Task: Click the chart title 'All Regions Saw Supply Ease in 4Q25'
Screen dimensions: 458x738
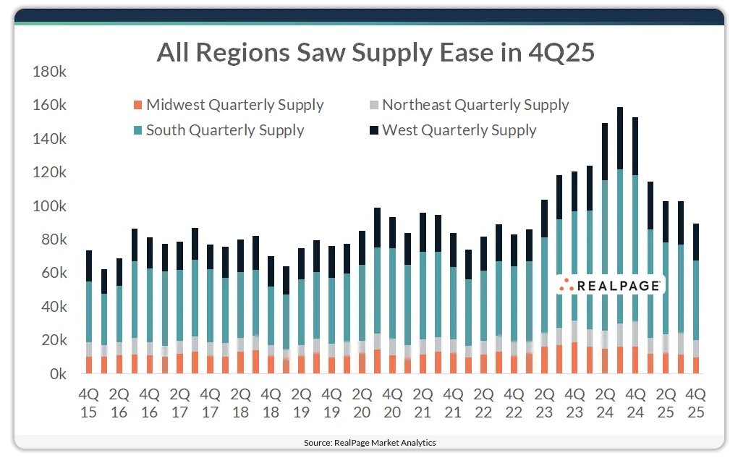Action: pos(376,53)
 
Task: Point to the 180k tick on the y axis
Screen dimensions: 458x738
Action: pos(50,72)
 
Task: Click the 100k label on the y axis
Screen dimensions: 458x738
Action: pos(50,206)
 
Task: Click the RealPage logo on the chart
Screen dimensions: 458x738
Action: pos(610,286)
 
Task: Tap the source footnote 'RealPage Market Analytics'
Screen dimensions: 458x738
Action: pos(369,442)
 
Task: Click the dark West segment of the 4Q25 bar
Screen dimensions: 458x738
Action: pos(696,242)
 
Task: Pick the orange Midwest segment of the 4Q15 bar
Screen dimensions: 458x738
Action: pos(89,365)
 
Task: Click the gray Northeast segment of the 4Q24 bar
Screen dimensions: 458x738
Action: pos(635,334)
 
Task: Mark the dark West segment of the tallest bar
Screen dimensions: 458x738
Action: pos(620,138)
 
